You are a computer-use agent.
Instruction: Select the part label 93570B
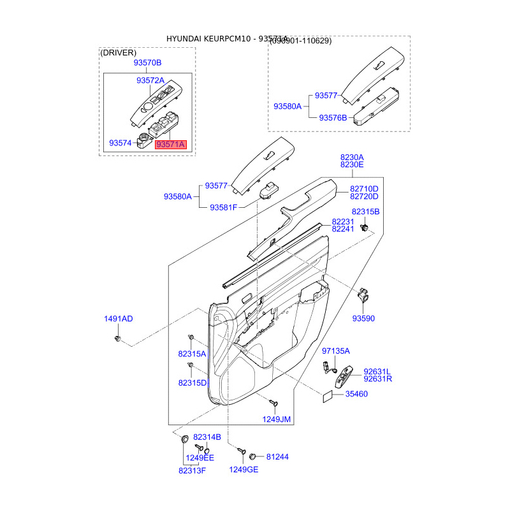147,62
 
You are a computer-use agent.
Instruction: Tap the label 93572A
150,80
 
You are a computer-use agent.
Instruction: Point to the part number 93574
120,143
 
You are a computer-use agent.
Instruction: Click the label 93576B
333,117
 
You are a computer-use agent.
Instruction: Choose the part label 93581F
223,208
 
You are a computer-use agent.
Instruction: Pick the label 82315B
365,211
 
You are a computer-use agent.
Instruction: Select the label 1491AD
119,319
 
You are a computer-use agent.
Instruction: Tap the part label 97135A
336,351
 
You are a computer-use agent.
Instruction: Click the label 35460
356,394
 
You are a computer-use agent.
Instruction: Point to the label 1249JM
277,419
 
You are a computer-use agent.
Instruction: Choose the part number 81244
277,456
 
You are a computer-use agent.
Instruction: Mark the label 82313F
192,470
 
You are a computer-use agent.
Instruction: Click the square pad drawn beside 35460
326,395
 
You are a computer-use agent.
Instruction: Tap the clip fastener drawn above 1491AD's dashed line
119,338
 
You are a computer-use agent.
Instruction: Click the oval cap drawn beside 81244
253,456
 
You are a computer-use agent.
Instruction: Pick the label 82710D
364,189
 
